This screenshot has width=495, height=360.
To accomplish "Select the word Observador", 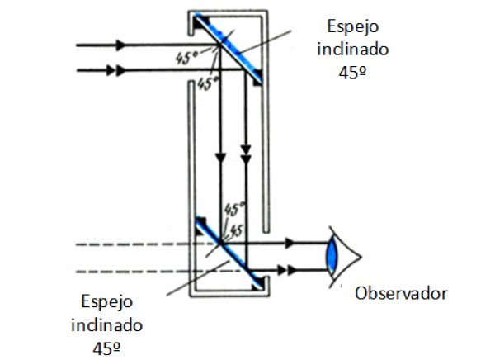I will click(401, 293).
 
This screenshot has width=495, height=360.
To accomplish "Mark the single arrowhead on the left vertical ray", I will click(219, 154).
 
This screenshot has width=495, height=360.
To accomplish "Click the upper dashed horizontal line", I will click(132, 244).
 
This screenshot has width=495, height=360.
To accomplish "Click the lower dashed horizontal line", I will click(132, 271).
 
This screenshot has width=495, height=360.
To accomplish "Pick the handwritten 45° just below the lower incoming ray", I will click(208, 83).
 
